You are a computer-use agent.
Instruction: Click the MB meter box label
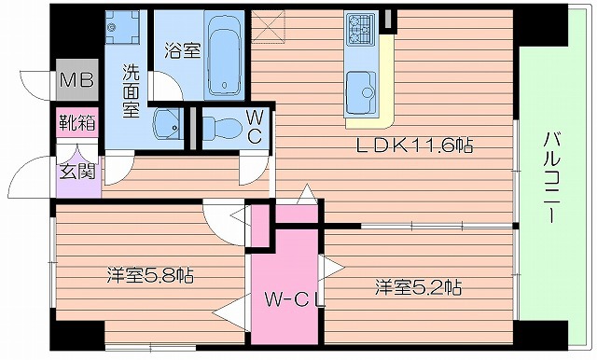(x=77, y=81)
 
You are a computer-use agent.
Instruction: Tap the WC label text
(x=254, y=128)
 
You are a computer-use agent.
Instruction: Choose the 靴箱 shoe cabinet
(x=76, y=121)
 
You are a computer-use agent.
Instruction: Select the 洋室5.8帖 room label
(x=150, y=275)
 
